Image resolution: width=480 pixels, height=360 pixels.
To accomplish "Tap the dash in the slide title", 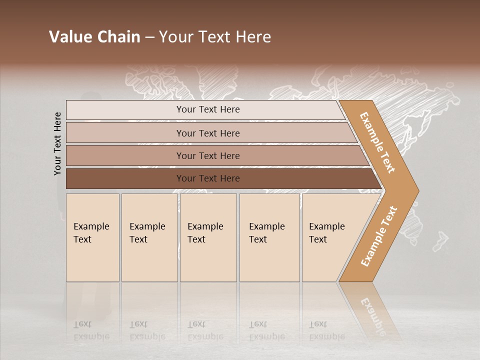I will [x=149, y=37].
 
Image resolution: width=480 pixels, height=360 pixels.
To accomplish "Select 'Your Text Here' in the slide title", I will [x=215, y=37].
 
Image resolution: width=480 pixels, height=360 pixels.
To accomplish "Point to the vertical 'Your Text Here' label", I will [x=57, y=144].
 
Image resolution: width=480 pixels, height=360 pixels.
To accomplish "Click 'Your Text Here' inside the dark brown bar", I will [x=208, y=178].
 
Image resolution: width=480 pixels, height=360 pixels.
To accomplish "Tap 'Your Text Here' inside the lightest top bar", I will [x=208, y=109].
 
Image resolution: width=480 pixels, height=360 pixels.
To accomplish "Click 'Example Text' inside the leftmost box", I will [x=91, y=233].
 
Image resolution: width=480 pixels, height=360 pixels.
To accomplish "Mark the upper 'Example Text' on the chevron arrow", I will [x=377, y=142].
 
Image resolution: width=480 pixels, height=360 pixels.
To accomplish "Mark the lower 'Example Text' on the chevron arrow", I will [x=379, y=236].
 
